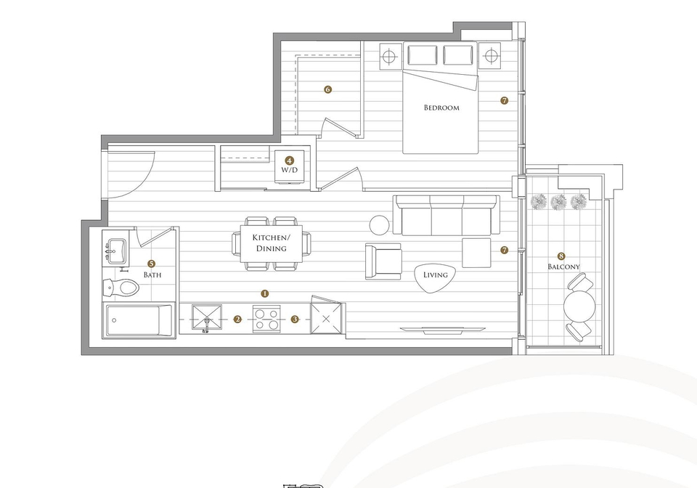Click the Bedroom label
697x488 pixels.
[441, 107]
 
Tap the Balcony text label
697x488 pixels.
[563, 267]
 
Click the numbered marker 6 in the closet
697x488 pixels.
[327, 89]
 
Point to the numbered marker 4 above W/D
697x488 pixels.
[290, 160]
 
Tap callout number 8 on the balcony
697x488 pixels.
[561, 256]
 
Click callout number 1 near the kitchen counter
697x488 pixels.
[265, 293]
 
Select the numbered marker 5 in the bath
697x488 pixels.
[152, 264]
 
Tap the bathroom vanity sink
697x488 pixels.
[115, 251]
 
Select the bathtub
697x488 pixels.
[137, 320]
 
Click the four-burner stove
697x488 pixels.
[266, 319]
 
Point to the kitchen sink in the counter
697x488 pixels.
[207, 317]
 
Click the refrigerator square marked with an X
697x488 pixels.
[327, 318]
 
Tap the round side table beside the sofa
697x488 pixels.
[380, 225]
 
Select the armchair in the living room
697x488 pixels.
[383, 261]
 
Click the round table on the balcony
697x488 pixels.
[579, 306]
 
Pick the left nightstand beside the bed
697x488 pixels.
[389, 57]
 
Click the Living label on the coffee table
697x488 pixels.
[435, 274]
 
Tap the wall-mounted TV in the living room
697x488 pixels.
[442, 330]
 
